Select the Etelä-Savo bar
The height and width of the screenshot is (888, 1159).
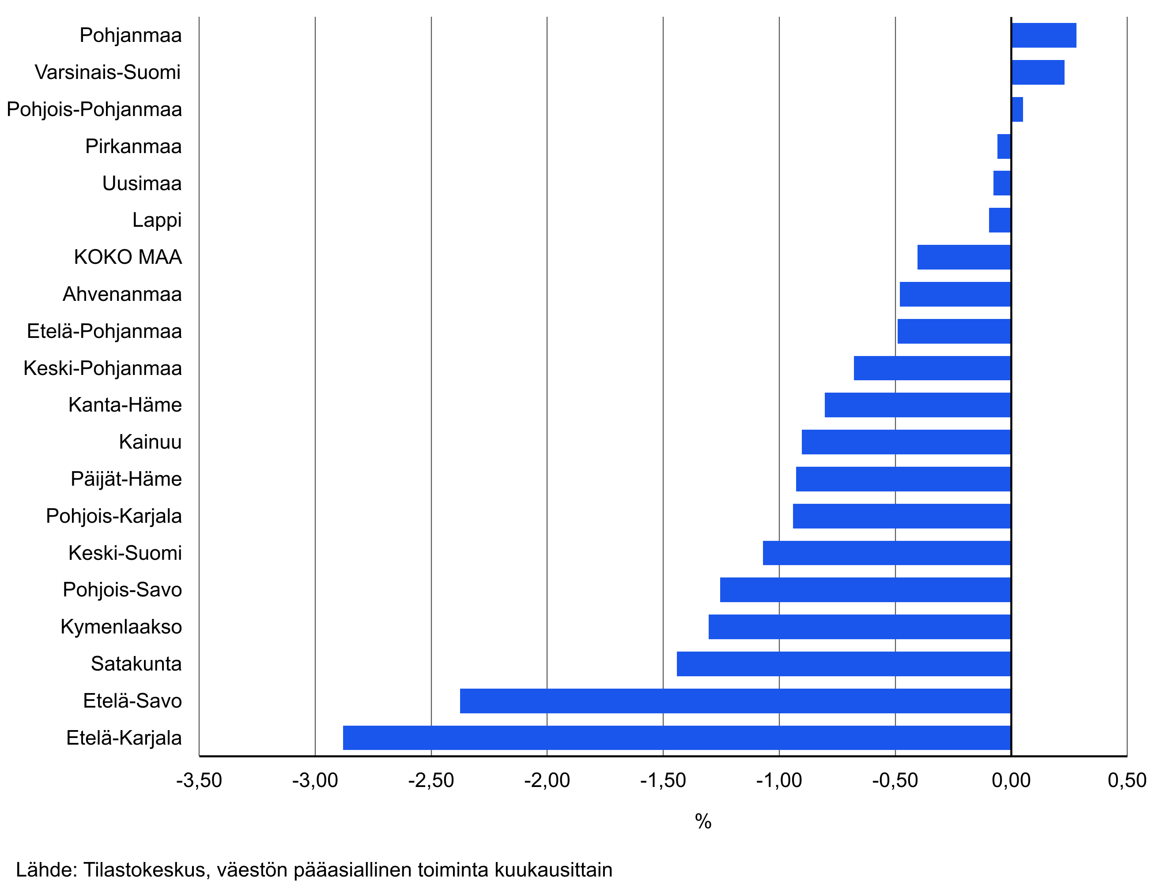735,701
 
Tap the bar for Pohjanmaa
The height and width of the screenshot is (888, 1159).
1043,35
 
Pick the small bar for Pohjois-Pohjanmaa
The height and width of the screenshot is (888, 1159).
1017,109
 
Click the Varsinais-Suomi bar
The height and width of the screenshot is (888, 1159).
1037,72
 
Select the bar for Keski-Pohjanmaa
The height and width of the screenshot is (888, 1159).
932,368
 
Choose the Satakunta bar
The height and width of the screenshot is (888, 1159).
844,663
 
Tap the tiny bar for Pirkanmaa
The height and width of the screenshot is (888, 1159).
1004,146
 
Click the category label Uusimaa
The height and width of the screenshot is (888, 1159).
142,184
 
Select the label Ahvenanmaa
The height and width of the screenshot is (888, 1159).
122,294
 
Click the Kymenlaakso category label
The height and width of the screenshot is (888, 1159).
121,626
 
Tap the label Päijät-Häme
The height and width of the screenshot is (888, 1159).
126,479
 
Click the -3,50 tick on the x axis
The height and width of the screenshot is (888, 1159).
199,781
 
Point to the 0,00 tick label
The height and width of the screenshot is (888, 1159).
1011,781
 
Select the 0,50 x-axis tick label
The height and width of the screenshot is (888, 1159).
1127,781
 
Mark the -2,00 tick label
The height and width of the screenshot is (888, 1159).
547,781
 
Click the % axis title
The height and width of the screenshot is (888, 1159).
703,821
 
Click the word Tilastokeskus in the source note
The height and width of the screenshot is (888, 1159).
144,869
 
